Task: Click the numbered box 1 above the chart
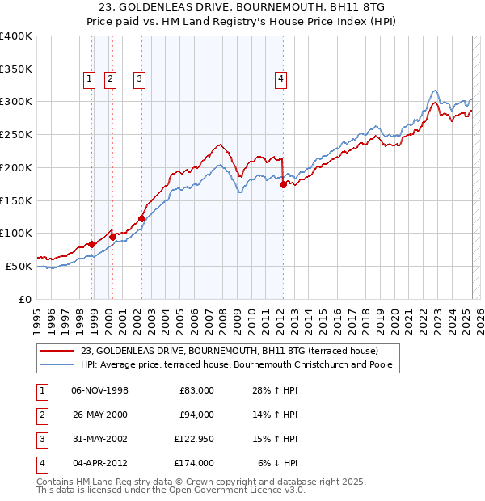[x=88, y=78]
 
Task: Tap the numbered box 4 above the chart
[x=280, y=78]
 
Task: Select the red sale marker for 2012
[x=283, y=184]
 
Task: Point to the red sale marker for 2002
[x=141, y=217]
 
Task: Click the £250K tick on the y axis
[x=17, y=134]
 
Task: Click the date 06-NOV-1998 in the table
[x=100, y=390]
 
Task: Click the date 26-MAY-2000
[x=100, y=415]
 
